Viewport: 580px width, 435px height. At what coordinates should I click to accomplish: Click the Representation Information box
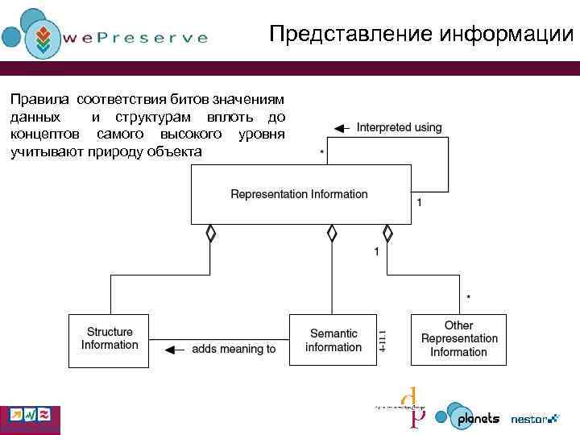300,194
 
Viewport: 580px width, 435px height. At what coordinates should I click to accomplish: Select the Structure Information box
110,338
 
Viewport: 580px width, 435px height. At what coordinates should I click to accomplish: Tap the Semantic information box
333,340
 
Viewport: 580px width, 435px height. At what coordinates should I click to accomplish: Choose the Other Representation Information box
459,338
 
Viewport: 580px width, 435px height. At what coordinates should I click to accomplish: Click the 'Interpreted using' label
399,127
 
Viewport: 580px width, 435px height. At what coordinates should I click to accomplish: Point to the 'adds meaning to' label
234,349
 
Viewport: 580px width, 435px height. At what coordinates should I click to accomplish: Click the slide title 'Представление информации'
421,35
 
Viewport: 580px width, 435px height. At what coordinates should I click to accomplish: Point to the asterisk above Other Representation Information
469,298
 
